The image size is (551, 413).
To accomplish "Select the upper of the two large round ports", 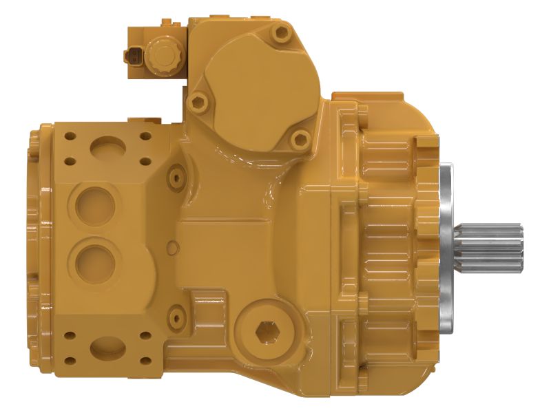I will coord(94,204).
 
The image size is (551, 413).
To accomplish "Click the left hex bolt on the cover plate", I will coord(199,103).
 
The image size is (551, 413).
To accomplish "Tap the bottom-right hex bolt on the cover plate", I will coord(299,140).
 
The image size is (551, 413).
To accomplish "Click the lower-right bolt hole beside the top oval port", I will coord(145,162).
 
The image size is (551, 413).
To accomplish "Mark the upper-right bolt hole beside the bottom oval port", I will coord(145,336).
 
